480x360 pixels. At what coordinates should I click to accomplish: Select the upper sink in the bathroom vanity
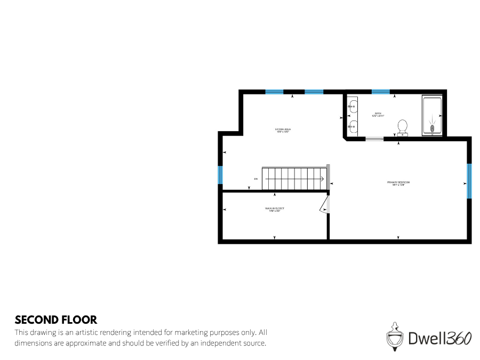(353, 107)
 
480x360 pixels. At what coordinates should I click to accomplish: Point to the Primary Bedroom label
(398, 183)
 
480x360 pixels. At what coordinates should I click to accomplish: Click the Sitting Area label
(283, 130)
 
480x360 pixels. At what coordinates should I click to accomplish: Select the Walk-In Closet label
(275, 210)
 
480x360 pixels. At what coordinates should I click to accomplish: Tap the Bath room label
(378, 115)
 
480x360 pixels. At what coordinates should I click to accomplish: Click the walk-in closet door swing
(325, 205)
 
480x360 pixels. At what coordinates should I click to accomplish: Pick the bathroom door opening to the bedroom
(374, 139)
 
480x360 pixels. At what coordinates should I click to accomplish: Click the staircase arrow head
(323, 179)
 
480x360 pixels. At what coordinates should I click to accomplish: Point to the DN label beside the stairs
(256, 179)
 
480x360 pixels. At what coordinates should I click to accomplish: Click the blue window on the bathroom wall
(381, 92)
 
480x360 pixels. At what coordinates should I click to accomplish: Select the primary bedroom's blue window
(469, 181)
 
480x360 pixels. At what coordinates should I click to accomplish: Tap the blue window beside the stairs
(220, 175)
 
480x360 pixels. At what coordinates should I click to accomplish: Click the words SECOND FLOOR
(56, 320)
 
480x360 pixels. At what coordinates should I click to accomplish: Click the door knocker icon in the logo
(394, 336)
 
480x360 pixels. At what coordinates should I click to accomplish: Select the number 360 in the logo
(459, 338)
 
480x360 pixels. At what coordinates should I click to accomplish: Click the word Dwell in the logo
(427, 338)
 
